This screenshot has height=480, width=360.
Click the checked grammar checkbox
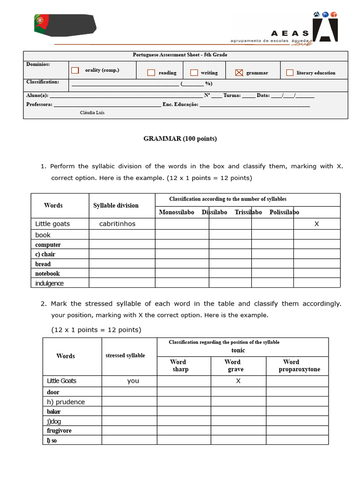(239, 72)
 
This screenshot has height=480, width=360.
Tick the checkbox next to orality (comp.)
(75, 70)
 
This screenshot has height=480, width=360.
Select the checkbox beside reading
(151, 73)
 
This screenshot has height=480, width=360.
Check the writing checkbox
(194, 73)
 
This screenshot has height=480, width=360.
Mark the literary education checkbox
(290, 73)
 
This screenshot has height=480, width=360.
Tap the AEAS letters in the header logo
(290, 33)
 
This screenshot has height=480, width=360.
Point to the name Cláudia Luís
(92, 113)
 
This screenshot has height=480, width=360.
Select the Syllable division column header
(116, 205)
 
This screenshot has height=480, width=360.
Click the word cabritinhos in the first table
(117, 224)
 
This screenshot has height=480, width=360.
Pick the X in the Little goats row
(316, 224)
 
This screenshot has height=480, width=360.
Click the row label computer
(48, 245)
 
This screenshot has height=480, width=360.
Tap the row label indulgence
(49, 283)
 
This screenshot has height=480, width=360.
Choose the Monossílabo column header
(176, 212)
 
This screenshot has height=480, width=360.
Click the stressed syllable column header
(125, 355)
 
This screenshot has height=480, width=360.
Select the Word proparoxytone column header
(299, 366)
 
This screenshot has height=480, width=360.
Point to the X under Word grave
(238, 381)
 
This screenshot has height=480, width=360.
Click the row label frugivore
(59, 430)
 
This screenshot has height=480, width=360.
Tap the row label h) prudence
(66, 402)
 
